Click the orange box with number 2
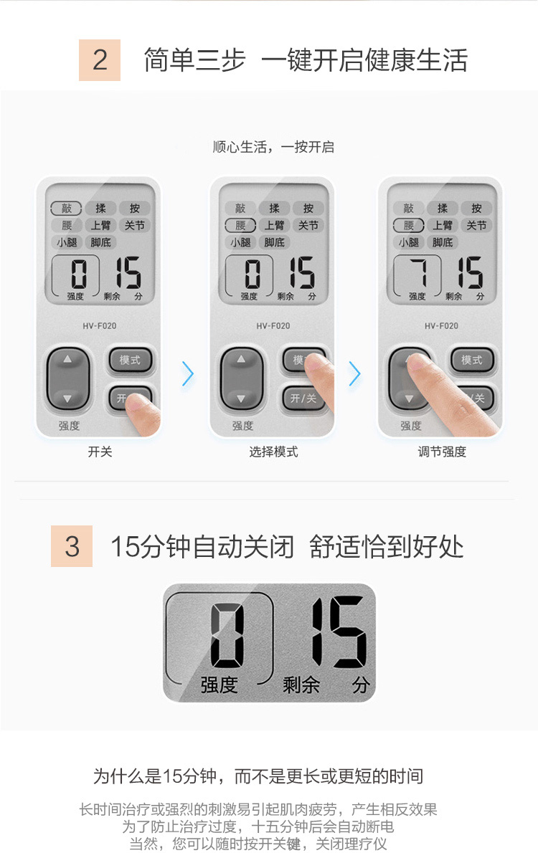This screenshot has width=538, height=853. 100,59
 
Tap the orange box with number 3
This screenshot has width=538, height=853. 71,546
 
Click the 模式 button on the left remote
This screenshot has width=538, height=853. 130,360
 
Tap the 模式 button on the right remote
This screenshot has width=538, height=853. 471,360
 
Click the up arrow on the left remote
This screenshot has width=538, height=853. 67,359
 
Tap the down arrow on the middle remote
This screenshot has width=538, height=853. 241,399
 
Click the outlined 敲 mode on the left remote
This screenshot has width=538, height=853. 66,209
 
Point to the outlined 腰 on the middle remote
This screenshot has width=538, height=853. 240,225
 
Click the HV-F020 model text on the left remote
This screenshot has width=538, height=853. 100,326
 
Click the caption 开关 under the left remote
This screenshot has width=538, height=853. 100,452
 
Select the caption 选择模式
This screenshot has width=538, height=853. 273,452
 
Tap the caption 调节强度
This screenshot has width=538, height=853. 442,452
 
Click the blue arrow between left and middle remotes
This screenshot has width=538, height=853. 189,373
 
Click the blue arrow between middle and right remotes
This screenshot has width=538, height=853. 355,373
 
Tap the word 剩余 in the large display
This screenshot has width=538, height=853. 301,685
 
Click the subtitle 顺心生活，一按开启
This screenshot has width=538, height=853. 273,147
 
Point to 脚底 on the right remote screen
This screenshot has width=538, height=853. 442,242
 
